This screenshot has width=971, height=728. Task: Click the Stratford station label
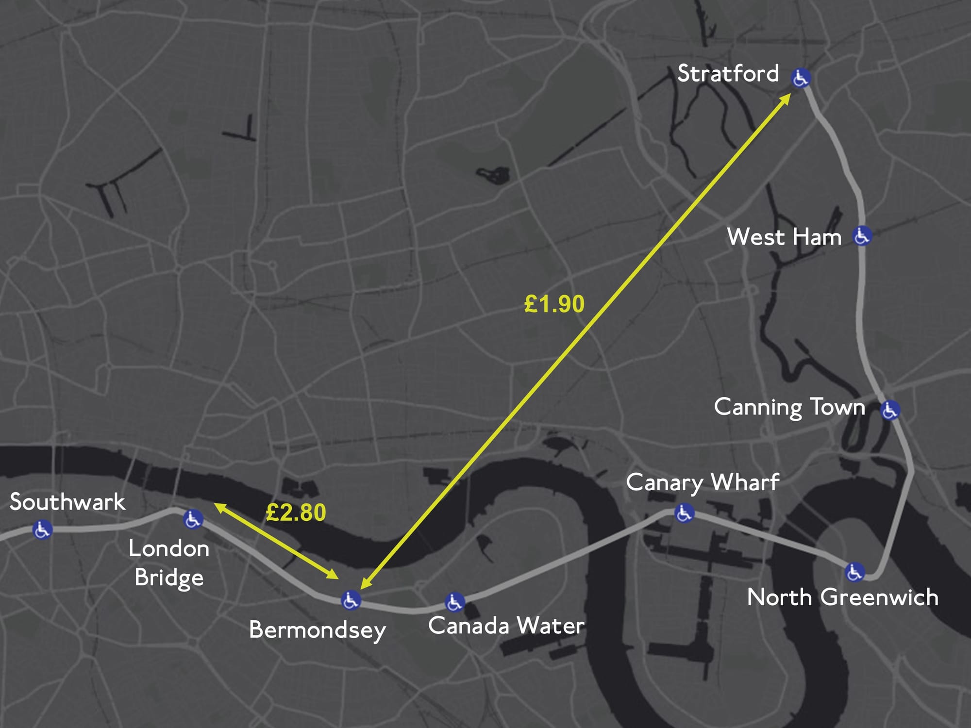point(728,74)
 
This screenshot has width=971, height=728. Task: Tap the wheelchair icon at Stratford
point(801,78)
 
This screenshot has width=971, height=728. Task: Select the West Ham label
point(784,237)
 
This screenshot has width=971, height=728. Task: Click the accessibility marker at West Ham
point(862,236)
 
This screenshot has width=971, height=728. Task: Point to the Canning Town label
point(789,407)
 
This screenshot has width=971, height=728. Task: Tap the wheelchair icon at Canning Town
point(890,410)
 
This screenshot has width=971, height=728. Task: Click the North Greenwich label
point(842,597)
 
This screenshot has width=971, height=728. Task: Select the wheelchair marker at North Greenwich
point(854,572)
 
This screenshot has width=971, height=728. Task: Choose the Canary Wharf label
point(703,483)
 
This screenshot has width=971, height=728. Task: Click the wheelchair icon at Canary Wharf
point(684,513)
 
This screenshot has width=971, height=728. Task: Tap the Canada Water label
point(506,626)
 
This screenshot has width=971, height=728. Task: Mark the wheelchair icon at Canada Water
point(454,602)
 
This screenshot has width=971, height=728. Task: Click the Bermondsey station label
point(318,630)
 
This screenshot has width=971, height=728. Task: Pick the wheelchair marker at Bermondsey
point(351,600)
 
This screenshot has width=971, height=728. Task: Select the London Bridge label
point(169,563)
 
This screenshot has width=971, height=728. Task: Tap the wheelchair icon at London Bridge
point(193,519)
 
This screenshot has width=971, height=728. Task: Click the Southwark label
point(67,502)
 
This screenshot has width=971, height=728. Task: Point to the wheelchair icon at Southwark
point(42,529)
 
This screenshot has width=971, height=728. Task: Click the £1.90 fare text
point(554,304)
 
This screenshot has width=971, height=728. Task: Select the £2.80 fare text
point(296,513)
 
